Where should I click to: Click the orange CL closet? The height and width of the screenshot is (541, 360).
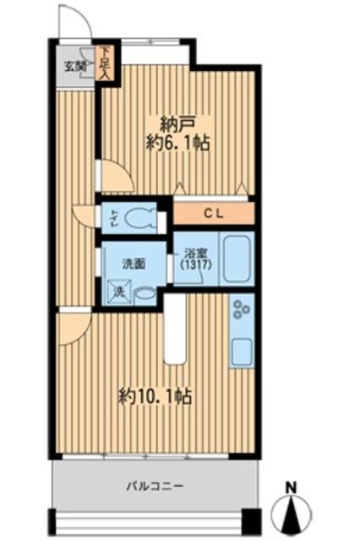point(212,213)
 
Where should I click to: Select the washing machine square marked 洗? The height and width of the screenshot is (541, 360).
point(119,292)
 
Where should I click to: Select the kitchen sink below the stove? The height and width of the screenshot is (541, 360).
point(241,349)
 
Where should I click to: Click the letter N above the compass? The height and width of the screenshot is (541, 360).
point(291,487)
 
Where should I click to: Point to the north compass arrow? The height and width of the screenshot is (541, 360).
point(291,512)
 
